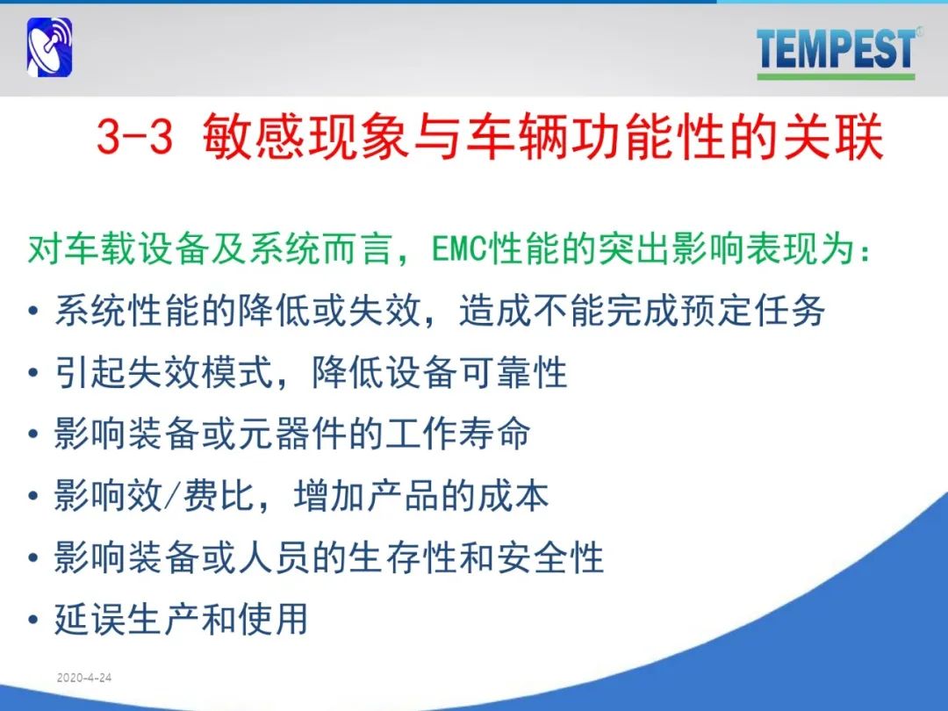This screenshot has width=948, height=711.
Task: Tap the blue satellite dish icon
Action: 49,47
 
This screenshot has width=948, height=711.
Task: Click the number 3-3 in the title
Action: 134,136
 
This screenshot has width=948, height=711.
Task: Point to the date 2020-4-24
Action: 84,678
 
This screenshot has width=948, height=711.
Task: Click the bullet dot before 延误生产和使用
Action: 33,620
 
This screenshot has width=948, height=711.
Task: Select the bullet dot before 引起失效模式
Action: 33,372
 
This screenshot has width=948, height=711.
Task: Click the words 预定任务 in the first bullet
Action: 753,310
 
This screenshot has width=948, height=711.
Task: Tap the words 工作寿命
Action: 457,434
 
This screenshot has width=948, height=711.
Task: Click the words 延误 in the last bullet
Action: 90,619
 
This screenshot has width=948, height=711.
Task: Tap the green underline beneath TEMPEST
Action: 836,76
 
